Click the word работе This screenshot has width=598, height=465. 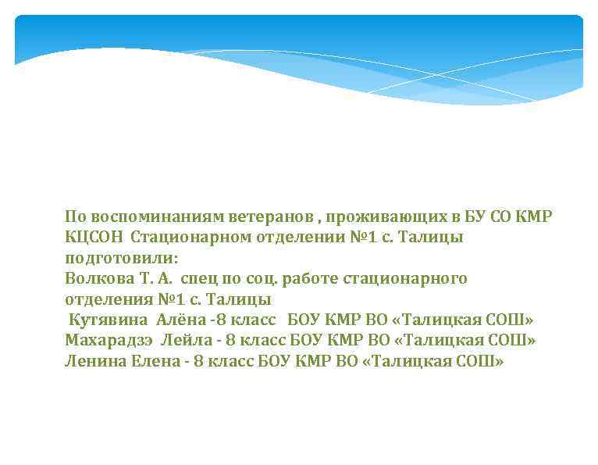(294, 278)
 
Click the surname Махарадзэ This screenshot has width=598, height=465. (109, 341)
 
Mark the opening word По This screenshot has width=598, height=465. (76, 216)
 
